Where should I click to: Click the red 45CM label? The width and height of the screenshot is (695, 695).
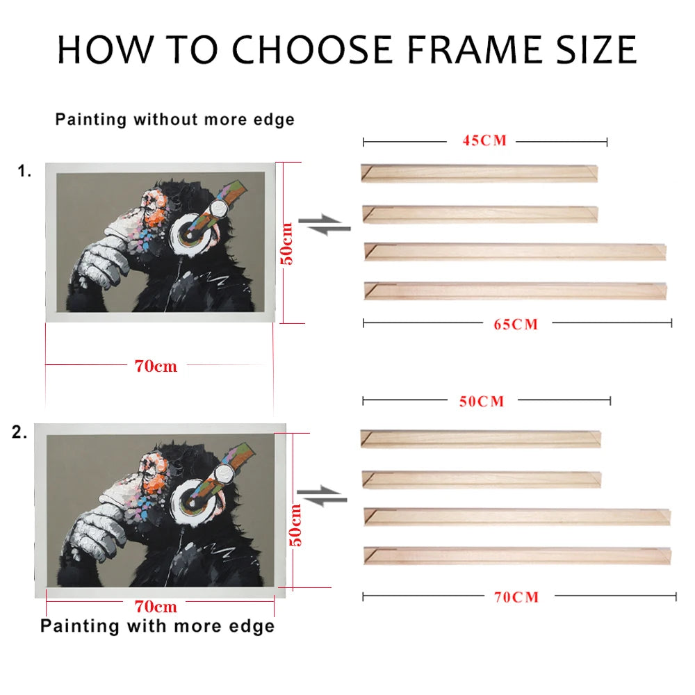(484, 140)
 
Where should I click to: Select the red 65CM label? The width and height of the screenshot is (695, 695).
(516, 325)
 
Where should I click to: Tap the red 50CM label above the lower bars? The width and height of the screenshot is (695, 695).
(482, 402)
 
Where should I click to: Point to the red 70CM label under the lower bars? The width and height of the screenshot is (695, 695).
(516, 597)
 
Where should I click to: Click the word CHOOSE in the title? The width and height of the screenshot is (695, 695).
(312, 49)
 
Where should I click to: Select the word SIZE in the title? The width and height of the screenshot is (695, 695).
(596, 49)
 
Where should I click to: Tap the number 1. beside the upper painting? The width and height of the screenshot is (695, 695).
(24, 171)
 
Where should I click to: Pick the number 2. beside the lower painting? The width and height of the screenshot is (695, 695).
(19, 432)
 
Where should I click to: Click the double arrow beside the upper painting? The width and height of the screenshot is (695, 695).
(325, 224)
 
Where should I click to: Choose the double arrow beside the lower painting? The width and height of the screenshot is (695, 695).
(322, 496)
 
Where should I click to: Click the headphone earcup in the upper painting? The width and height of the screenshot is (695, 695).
(191, 233)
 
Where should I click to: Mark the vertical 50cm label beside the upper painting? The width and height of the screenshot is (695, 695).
(286, 244)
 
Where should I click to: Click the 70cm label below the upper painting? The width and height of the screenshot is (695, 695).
(156, 366)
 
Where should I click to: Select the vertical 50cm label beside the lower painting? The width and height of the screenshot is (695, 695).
(295, 525)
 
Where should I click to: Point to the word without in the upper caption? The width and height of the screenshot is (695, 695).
(165, 120)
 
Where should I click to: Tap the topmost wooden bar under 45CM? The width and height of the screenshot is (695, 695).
(479, 173)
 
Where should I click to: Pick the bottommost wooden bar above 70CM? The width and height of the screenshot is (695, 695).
(517, 556)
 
